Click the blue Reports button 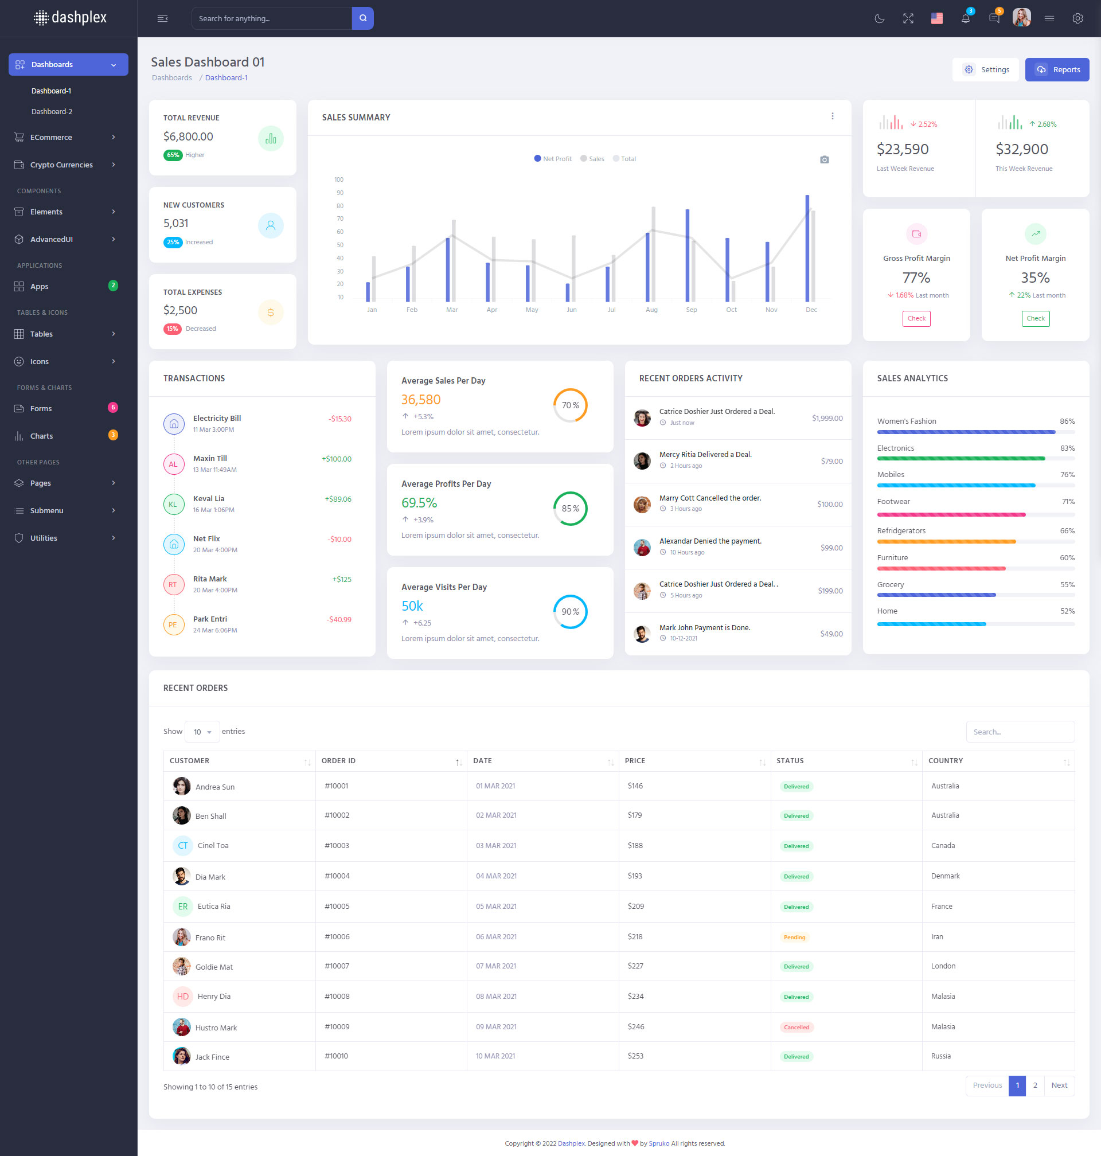(1056, 70)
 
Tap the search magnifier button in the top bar (362, 18)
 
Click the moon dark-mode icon (879, 18)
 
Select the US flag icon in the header (936, 18)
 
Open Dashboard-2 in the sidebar (52, 111)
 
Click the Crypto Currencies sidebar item (61, 165)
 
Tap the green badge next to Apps (114, 286)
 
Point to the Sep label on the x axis (692, 310)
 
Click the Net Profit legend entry (553, 159)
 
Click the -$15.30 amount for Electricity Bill (340, 419)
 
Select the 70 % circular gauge (570, 405)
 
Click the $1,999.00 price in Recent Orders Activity (827, 419)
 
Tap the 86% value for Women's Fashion (1067, 421)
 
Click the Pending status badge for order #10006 (794, 937)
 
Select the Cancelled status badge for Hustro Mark (796, 1027)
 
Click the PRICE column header (635, 760)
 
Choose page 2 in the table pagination (1034, 1085)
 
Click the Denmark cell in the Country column (945, 876)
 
